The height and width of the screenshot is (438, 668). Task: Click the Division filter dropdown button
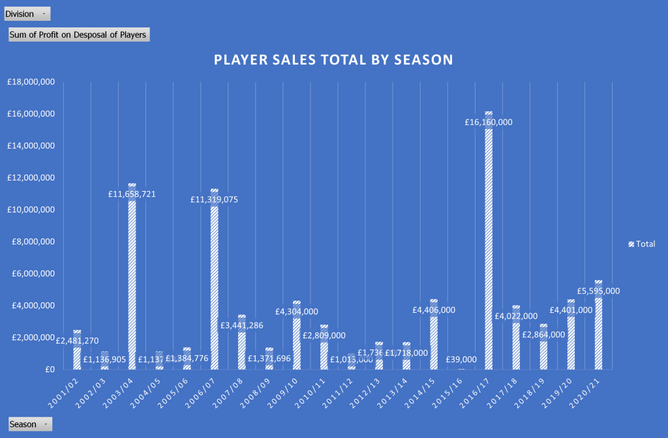27,14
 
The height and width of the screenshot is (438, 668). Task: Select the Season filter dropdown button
30,424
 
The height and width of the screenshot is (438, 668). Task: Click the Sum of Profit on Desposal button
79,35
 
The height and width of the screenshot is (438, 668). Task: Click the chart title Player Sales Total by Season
333,60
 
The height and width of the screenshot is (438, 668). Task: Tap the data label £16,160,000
489,122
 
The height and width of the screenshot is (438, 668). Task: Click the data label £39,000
461,359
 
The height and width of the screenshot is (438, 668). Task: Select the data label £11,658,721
132,194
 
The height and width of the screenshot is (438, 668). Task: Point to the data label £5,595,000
598,291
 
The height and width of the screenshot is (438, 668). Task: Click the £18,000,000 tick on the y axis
31,82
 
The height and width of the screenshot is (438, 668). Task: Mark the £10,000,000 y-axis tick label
31,210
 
